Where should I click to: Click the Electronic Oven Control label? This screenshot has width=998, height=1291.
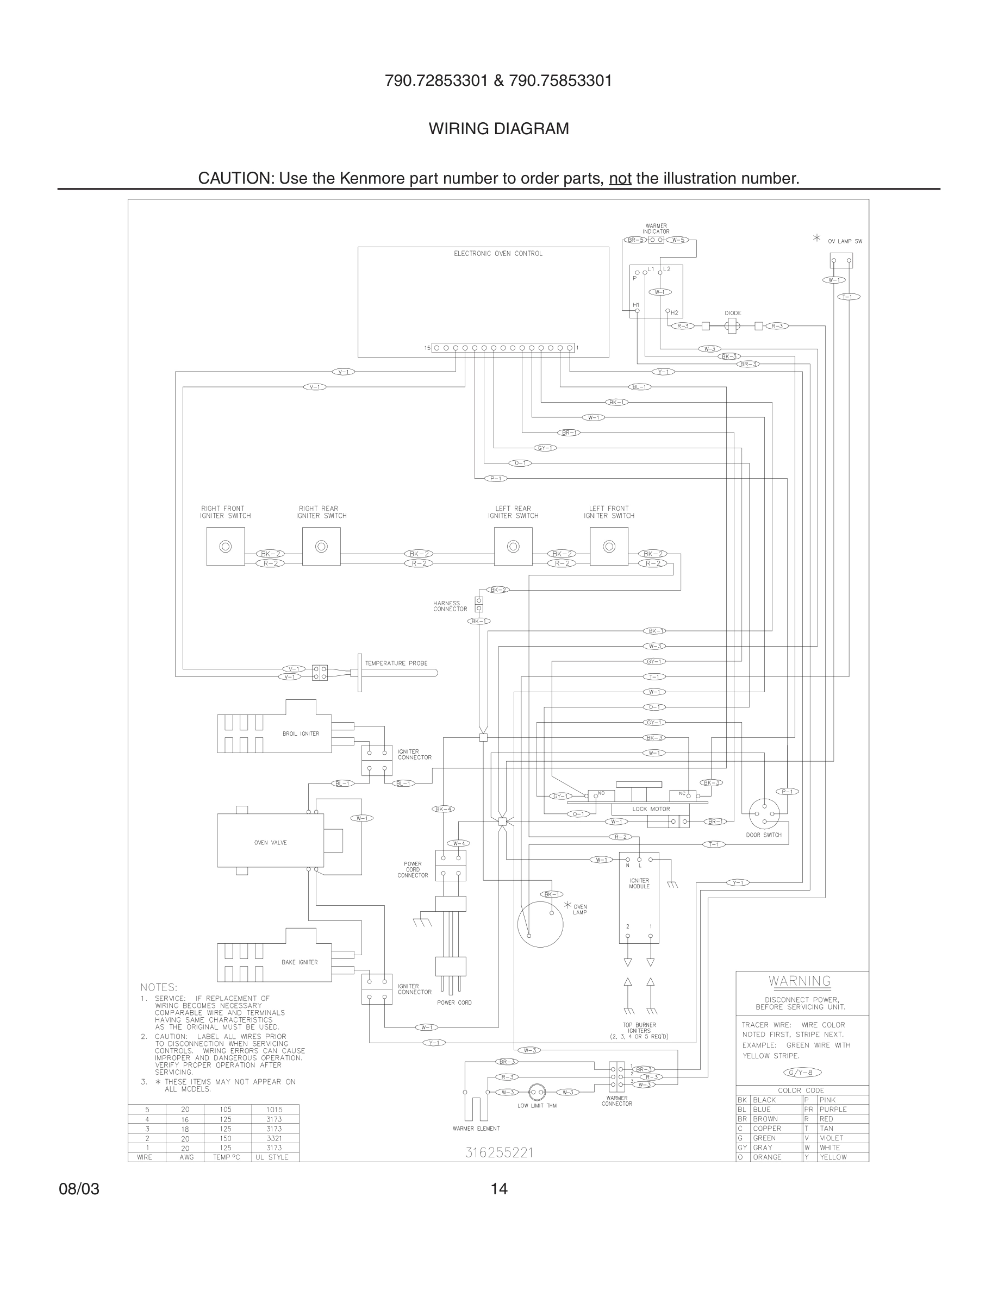pyautogui.click(x=498, y=254)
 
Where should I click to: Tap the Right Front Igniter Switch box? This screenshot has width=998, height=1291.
pyautogui.click(x=225, y=546)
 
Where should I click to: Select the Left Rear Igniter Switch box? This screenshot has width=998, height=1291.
pyautogui.click(x=513, y=546)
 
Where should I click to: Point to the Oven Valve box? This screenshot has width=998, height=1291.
pyautogui.click(x=270, y=840)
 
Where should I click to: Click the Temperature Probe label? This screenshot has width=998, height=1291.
pyautogui.click(x=396, y=663)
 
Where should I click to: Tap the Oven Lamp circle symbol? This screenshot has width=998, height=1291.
pyautogui.click(x=540, y=924)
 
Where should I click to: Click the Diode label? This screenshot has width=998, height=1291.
pyautogui.click(x=733, y=314)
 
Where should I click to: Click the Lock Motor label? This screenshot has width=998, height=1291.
pyautogui.click(x=651, y=809)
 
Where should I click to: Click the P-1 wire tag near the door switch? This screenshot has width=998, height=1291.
pyautogui.click(x=789, y=792)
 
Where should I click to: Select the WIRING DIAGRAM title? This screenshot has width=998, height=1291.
pyautogui.click(x=498, y=128)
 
